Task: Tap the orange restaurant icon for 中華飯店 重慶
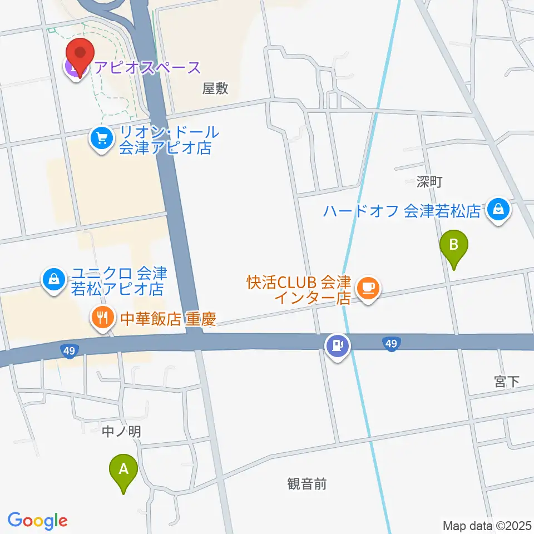pos(101,318)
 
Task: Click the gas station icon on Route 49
pos(337,346)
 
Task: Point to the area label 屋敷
pos(215,89)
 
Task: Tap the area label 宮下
pos(506,382)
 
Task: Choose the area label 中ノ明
pos(122,431)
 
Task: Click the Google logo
pos(37,521)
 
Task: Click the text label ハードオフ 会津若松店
pos(403,211)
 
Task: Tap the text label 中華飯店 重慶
pos(167,319)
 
